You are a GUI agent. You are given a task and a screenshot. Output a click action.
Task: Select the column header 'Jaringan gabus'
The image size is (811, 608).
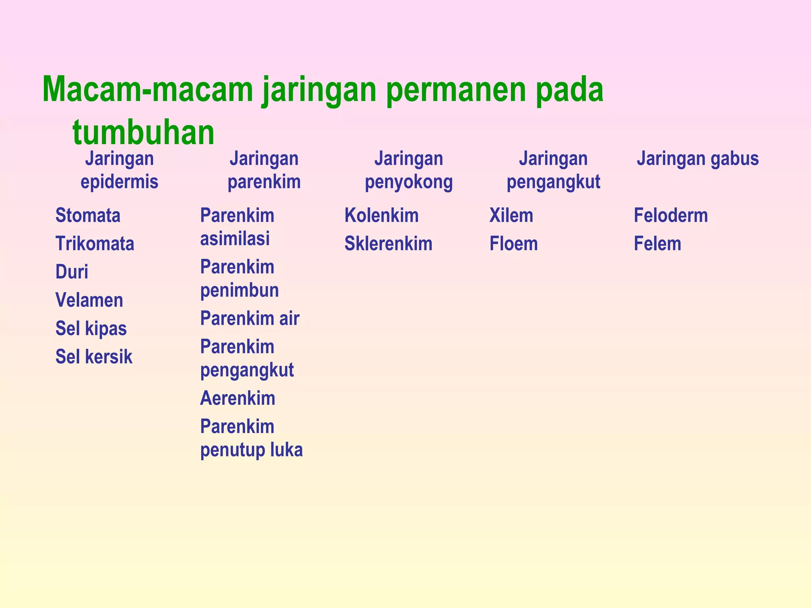coord(698,159)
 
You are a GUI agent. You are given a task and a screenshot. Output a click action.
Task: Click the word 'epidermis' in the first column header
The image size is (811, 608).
coord(119,182)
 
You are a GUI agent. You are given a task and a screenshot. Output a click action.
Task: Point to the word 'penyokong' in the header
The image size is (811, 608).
coord(409,182)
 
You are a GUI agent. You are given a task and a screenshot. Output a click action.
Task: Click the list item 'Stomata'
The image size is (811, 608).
coord(88,216)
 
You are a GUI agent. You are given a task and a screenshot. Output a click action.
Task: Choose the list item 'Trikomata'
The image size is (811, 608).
coord(95,244)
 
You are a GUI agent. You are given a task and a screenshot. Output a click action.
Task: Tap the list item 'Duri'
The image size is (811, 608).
coord(72,272)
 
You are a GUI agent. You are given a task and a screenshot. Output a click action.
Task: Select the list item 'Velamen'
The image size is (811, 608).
coord(89,300)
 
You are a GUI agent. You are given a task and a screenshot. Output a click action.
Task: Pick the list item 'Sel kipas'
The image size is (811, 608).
coord(91,329)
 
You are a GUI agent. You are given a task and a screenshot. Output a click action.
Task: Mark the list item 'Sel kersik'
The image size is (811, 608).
coord(94,357)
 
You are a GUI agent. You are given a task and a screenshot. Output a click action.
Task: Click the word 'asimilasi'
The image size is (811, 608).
coord(235,239)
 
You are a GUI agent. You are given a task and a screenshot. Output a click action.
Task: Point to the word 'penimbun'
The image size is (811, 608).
coord(240,290)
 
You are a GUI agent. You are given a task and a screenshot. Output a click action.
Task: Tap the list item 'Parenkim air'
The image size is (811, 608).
coord(249,319)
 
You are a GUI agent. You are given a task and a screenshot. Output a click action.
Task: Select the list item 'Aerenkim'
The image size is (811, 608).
coord(238,398)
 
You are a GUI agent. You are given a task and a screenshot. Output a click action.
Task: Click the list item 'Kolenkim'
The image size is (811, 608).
coord(381,216)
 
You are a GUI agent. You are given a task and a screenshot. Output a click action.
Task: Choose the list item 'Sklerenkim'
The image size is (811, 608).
coord(388,244)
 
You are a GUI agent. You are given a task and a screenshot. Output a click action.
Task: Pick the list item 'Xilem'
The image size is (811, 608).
coord(511,216)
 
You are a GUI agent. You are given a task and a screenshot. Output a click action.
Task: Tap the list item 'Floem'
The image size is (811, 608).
coord(514,244)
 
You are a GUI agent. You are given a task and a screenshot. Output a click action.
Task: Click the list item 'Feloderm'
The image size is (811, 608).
coord(671,216)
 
